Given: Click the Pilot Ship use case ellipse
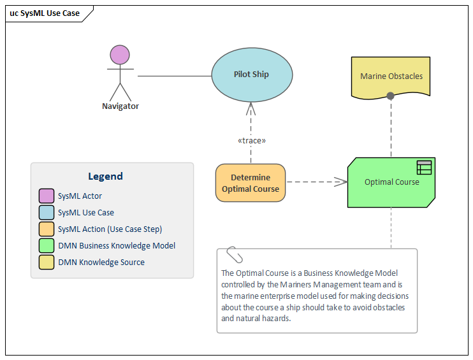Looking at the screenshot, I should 251,75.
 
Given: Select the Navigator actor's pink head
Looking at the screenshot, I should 120,55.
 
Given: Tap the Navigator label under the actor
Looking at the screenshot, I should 120,106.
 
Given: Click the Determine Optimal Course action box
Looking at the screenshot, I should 251,183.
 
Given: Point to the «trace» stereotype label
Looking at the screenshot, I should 251,140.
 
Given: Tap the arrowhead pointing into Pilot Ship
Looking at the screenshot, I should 251,107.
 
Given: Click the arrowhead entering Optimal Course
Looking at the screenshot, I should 342,182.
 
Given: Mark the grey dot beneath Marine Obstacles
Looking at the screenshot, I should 391,96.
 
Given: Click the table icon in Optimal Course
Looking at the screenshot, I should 424,168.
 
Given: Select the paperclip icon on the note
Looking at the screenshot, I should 235,254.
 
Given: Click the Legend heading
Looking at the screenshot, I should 106,176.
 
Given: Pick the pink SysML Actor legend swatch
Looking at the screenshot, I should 46,196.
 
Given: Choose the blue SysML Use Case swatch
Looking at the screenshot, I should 46,213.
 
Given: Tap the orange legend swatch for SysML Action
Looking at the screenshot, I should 46,229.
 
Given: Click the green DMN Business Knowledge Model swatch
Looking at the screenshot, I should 46,246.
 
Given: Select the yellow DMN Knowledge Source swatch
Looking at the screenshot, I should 46,263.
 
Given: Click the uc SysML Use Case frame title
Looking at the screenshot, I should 45,13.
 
